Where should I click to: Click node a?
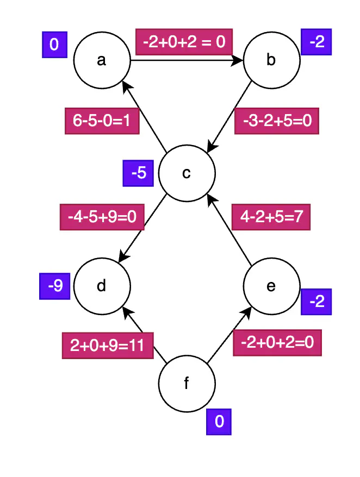coord(102,60)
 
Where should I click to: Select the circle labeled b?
coord(271,60)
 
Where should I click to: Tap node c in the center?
coord(187,173)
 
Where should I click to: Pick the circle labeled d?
coord(102,286)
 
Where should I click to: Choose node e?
coord(271,286)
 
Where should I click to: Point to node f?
coord(187,384)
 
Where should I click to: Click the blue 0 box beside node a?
coord(54,45)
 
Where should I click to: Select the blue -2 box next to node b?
coord(316,42)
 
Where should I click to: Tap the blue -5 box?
coord(139,173)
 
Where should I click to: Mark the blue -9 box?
coord(55,286)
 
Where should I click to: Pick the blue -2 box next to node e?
coord(316,301)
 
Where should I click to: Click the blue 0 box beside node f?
coord(219,422)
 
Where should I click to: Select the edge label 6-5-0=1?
coord(102,121)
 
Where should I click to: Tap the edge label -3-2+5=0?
coord(276,121)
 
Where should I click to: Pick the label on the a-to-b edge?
coord(184,41)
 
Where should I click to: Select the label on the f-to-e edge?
coord(277,343)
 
